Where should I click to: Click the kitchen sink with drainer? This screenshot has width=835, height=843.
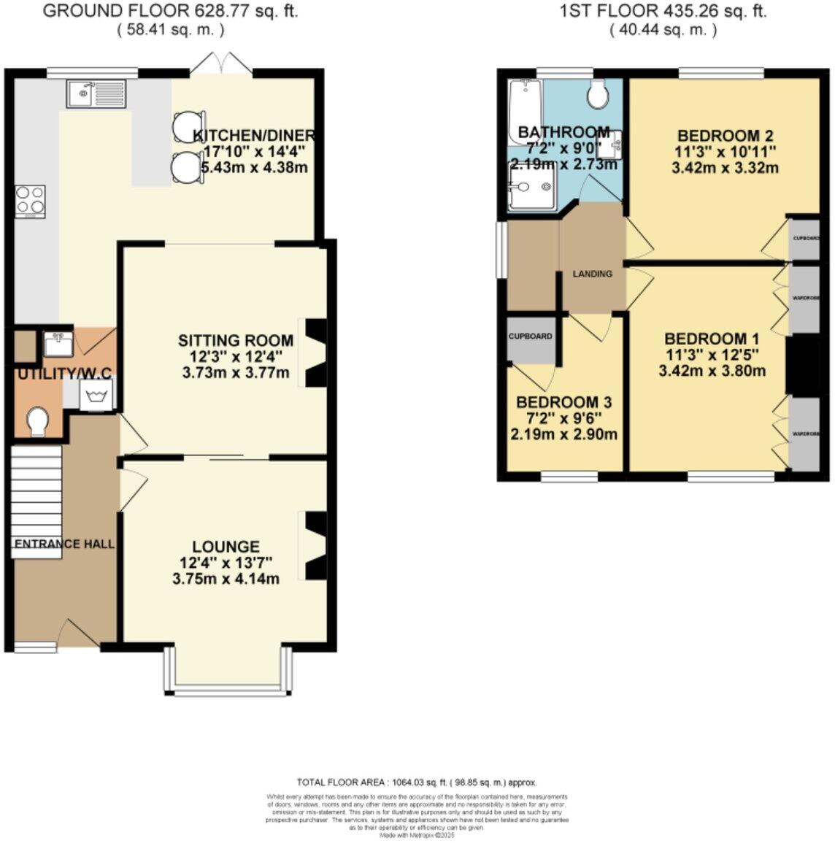point(96,93)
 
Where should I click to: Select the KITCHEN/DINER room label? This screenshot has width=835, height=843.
point(254,136)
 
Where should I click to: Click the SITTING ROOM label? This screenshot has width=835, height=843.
point(236,341)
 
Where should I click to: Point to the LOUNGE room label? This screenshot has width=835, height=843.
point(226,547)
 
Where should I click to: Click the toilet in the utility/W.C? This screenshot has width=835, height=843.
point(36,422)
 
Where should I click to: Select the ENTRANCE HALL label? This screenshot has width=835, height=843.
point(64,544)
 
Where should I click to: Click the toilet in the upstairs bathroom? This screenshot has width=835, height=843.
point(599,93)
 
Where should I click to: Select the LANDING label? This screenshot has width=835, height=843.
point(592,274)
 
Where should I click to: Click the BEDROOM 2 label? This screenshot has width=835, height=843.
point(725,136)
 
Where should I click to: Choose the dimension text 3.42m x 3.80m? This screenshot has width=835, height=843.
point(712,371)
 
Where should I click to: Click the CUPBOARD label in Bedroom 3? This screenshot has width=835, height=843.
point(531,336)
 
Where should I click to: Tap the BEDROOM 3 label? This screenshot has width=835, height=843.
point(563,403)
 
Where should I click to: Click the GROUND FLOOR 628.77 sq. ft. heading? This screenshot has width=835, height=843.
point(171,11)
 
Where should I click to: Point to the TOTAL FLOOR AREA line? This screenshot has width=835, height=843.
point(417,782)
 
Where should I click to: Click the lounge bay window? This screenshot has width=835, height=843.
point(228,689)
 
